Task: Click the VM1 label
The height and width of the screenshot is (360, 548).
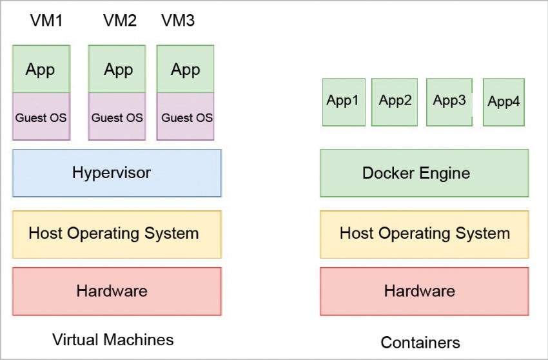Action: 46,21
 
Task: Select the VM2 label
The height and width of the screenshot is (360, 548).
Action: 120,21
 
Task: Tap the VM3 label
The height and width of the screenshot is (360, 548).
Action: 177,21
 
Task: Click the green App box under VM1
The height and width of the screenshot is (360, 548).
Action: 41,69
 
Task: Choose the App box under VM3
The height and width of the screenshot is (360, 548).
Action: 186,69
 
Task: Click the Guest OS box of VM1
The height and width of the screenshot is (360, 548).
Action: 41,117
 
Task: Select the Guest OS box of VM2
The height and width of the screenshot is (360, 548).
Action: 117,117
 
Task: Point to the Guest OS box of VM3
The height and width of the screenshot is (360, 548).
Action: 186,117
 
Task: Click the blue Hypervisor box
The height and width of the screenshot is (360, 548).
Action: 117,173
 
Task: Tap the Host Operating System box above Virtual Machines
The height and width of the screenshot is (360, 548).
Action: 117,233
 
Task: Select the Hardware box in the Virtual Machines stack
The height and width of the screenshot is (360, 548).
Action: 117,291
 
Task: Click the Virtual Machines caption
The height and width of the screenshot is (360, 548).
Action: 113,339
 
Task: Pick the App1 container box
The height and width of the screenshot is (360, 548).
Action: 344,102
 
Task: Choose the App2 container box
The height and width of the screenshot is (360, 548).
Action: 395,102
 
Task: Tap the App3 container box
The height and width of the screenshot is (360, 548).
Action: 449,102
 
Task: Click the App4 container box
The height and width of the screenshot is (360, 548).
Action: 504,102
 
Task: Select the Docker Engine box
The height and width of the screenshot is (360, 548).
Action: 424,173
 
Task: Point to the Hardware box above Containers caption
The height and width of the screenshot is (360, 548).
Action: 424,291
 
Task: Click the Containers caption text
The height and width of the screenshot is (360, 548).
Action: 420,342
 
